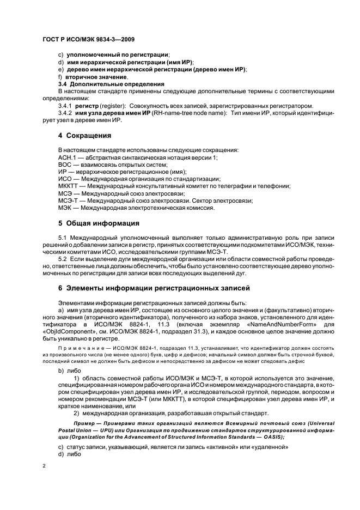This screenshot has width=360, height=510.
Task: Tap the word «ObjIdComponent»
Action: pyautogui.click(x=66, y=331)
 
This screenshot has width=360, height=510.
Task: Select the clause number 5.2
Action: pyautogui.click(x=64, y=259)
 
